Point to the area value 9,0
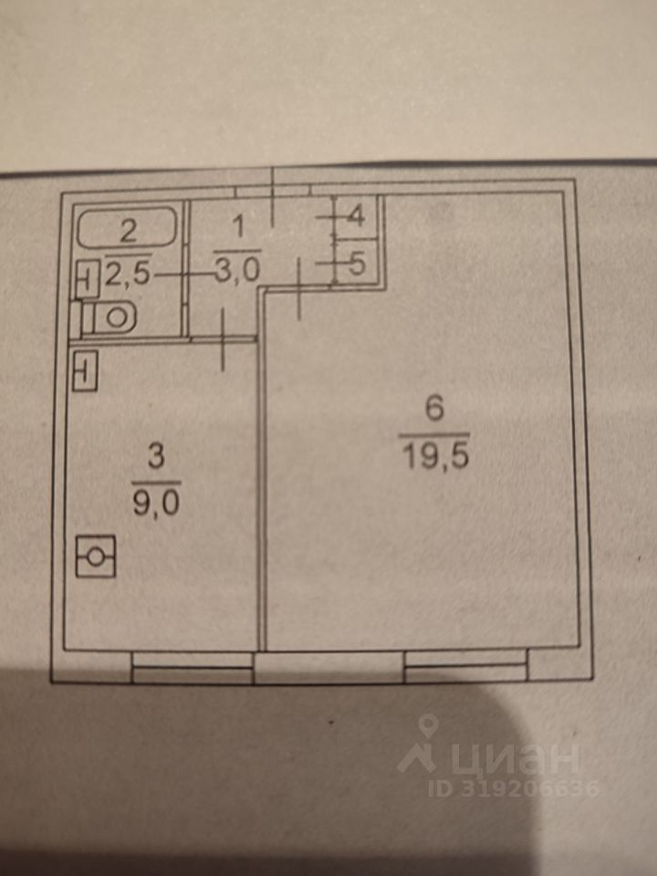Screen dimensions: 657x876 point(156,501)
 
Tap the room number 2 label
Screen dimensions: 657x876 point(129,228)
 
